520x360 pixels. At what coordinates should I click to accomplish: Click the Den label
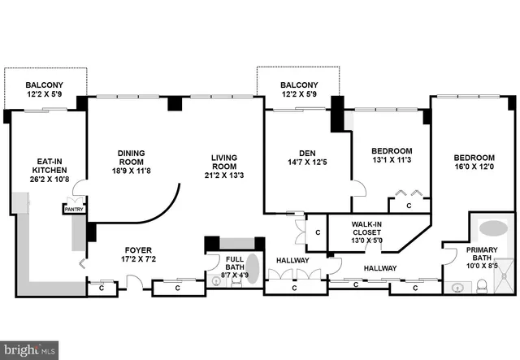(306, 153)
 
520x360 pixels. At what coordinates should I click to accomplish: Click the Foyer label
(138, 249)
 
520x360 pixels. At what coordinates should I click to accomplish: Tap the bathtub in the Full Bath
(253, 269)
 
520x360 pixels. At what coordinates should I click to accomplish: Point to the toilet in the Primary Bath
(481, 285)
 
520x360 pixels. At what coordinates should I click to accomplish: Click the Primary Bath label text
(482, 255)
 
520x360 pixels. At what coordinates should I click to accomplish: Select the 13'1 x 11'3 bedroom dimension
(391, 161)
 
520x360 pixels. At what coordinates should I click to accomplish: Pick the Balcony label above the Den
(299, 85)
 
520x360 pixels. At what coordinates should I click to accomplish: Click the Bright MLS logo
(31, 350)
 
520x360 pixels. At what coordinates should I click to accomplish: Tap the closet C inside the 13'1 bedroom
(409, 206)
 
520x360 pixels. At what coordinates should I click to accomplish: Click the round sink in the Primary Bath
(455, 286)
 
